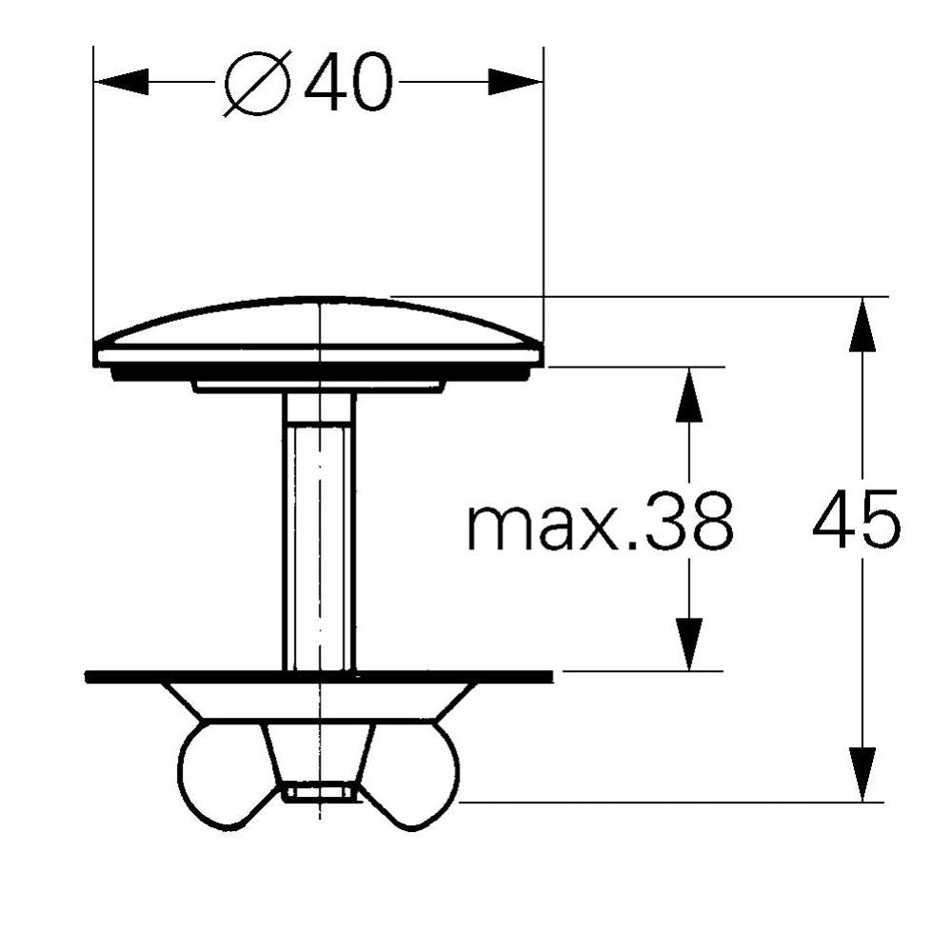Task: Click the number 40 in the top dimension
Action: click(x=348, y=82)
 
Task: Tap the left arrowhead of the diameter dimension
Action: click(x=122, y=81)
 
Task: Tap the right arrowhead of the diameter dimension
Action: click(x=515, y=81)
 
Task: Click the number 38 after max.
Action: click(x=689, y=521)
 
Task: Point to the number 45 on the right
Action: click(x=857, y=519)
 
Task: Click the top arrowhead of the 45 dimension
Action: click(x=863, y=325)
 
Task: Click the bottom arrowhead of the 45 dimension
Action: click(x=863, y=774)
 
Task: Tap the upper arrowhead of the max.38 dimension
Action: click(x=689, y=394)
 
